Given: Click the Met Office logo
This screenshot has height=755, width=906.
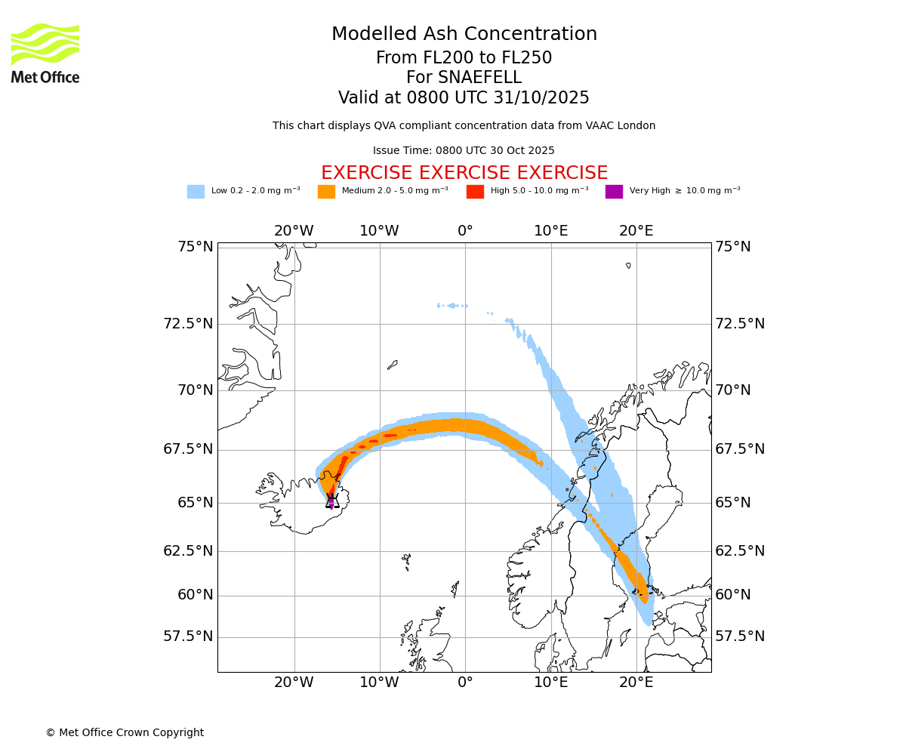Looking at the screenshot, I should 45,53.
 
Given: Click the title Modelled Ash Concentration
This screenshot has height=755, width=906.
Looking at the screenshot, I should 464,35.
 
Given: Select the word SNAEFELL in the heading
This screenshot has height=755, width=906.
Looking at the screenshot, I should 464,78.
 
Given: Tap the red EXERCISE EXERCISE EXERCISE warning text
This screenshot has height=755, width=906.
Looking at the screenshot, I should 464,173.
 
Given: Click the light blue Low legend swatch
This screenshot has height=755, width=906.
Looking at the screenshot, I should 196,192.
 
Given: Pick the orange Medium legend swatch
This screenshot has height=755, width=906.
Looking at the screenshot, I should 326,192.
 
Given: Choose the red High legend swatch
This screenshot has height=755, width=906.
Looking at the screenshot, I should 475,192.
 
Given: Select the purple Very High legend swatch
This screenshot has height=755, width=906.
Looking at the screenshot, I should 614,192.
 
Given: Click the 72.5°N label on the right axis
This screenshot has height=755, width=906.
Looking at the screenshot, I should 740,324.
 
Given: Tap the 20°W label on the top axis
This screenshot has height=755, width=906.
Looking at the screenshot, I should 294,231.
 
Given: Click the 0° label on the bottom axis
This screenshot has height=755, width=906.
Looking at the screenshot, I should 465,683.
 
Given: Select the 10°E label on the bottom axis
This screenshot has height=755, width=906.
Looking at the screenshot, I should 551,683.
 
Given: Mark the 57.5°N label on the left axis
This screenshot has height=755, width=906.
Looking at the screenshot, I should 188,636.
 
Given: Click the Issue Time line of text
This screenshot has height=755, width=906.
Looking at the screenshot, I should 464,151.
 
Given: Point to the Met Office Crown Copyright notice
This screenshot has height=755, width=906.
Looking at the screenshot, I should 125,732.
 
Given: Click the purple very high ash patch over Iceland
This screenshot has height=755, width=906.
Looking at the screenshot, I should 331,502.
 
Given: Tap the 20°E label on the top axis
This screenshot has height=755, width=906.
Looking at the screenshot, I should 636,231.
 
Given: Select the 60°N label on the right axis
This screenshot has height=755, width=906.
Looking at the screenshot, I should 733,595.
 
